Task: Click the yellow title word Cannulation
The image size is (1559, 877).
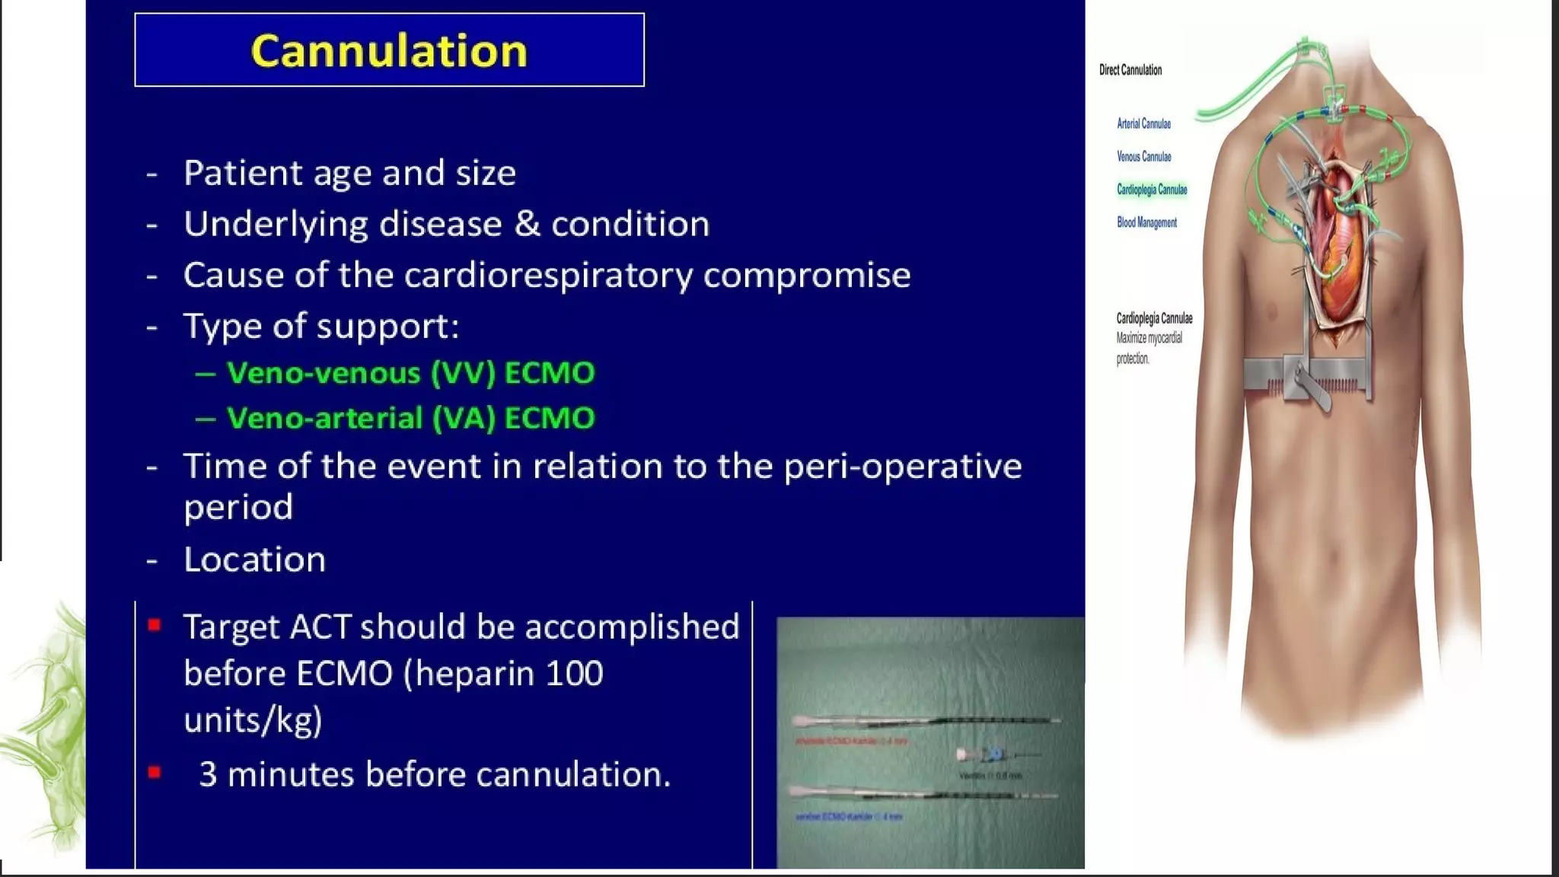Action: tap(389, 51)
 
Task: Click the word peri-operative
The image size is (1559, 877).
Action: tap(902, 467)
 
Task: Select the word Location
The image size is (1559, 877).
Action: tap(254, 560)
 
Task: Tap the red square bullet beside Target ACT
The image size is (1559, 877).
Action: tap(155, 626)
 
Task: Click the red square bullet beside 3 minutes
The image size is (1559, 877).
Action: tap(155, 773)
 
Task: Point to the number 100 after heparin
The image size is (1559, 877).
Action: tap(574, 674)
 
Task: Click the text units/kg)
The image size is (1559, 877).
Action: tap(253, 720)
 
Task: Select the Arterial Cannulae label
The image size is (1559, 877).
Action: tap(1143, 123)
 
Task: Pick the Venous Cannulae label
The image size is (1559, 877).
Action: tap(1143, 157)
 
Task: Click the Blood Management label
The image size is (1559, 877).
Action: tap(1146, 222)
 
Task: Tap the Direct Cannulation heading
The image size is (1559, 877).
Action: tap(1130, 70)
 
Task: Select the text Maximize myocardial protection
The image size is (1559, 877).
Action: tap(1149, 348)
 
